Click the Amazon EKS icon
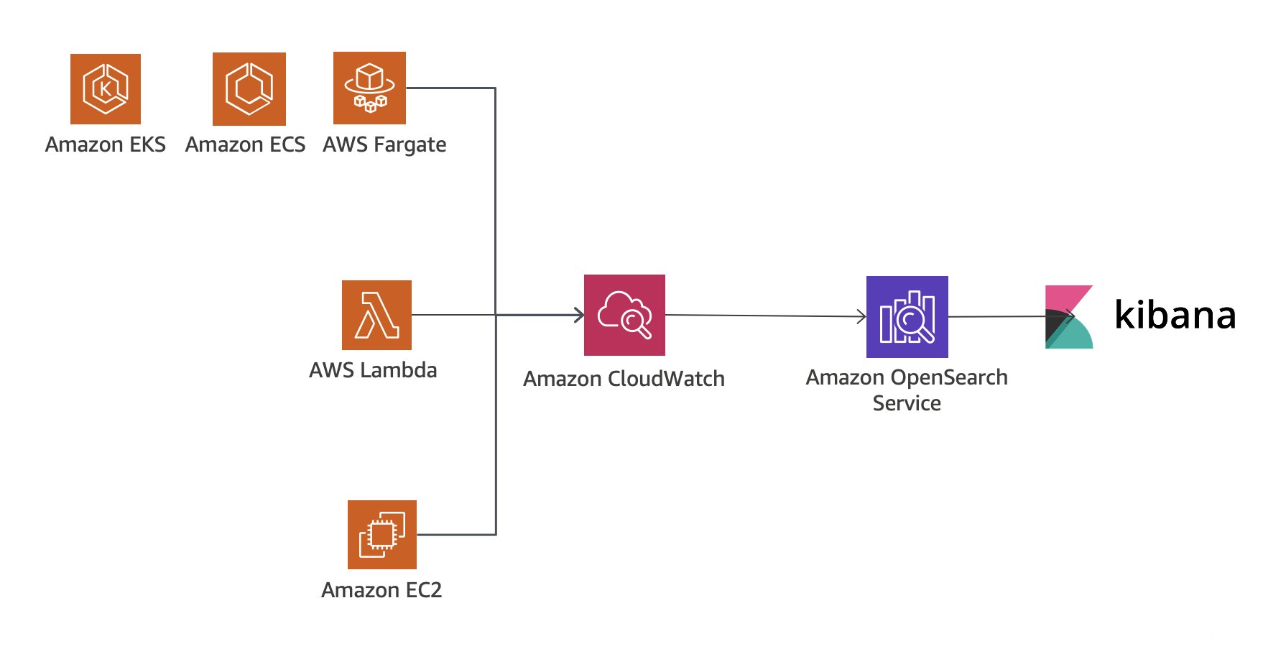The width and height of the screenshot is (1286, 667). (x=106, y=89)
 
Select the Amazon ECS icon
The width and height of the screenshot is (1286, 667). (x=249, y=89)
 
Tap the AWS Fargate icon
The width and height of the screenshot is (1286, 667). (x=369, y=88)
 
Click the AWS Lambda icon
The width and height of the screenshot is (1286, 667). (x=376, y=315)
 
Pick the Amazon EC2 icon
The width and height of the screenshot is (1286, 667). (x=381, y=534)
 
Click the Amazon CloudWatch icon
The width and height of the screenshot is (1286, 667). (x=624, y=315)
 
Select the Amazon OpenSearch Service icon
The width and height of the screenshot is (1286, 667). (x=907, y=317)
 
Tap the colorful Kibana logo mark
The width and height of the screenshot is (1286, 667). (x=1068, y=317)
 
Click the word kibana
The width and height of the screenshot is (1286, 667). (x=1175, y=315)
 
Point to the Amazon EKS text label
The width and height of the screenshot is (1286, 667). (x=106, y=144)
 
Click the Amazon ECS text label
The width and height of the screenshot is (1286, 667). (x=245, y=144)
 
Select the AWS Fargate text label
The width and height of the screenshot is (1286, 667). (x=384, y=145)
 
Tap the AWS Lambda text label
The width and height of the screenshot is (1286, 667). (x=373, y=370)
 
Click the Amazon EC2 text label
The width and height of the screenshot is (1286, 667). (x=381, y=590)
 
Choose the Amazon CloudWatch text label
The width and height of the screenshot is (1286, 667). (x=624, y=379)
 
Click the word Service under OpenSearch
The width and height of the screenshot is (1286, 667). (x=907, y=403)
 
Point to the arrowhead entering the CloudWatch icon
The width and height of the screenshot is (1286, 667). (x=579, y=315)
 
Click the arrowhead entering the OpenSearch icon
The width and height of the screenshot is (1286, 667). (x=862, y=316)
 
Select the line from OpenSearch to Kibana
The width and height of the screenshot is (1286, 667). (x=999, y=316)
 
